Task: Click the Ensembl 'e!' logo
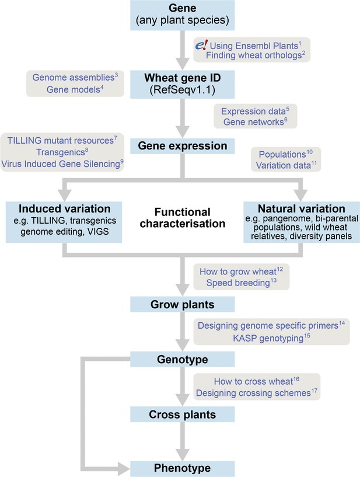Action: click(201, 46)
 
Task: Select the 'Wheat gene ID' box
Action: click(183, 84)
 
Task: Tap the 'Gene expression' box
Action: click(183, 146)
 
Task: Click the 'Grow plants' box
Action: click(183, 305)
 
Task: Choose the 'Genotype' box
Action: click(183, 359)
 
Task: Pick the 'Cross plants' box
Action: click(183, 415)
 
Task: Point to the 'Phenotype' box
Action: click(183, 469)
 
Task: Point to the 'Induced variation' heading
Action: click(64, 208)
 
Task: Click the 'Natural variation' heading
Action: click(302, 208)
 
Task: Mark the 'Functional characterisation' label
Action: click(183, 218)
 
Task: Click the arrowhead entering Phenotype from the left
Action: click(124, 469)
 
